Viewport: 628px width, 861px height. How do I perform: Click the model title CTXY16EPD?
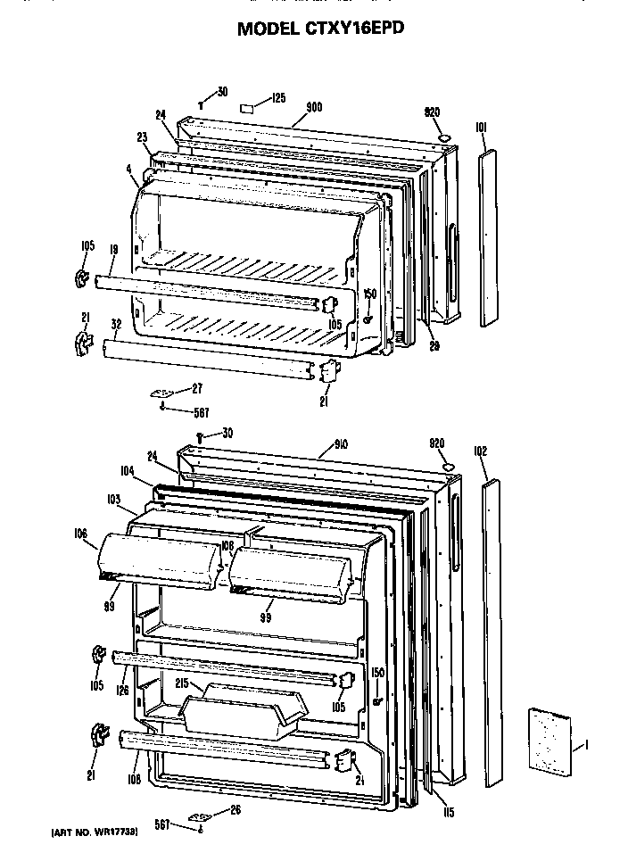coord(320,29)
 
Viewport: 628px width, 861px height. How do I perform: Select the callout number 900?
coord(313,107)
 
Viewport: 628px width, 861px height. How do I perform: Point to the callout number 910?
coord(315,443)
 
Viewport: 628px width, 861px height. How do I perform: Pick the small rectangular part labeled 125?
coord(250,108)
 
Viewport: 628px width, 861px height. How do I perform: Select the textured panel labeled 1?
coord(547,742)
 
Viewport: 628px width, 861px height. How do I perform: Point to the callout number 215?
coord(182,683)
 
